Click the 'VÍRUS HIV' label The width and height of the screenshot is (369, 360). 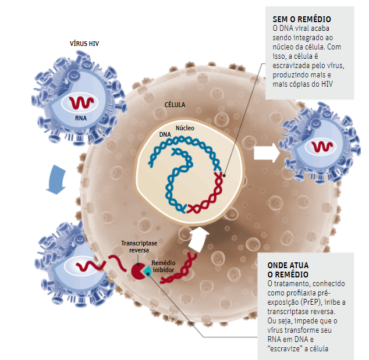click(x=84, y=43)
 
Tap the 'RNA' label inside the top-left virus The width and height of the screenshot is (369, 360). click(x=81, y=117)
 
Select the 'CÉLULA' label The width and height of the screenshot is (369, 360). click(x=175, y=105)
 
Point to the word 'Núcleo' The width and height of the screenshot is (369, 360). click(x=185, y=127)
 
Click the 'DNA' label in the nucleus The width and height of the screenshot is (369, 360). click(x=165, y=134)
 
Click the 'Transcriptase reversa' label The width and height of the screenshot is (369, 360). click(x=135, y=247)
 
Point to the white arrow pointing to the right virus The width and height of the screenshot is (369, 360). click(x=266, y=154)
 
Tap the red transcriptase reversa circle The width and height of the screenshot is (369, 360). click(x=139, y=270)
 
